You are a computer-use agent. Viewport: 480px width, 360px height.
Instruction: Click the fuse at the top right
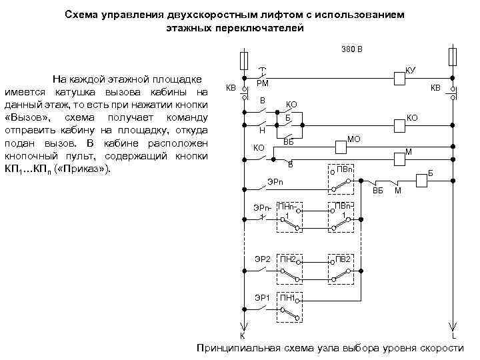453,56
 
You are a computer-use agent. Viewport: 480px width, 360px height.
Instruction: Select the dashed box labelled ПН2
289,267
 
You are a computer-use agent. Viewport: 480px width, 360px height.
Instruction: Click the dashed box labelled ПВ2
341,267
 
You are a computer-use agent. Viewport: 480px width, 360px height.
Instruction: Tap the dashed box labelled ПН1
289,306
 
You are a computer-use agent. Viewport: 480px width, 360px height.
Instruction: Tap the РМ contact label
263,83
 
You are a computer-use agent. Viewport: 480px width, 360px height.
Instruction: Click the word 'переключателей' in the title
260,29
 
